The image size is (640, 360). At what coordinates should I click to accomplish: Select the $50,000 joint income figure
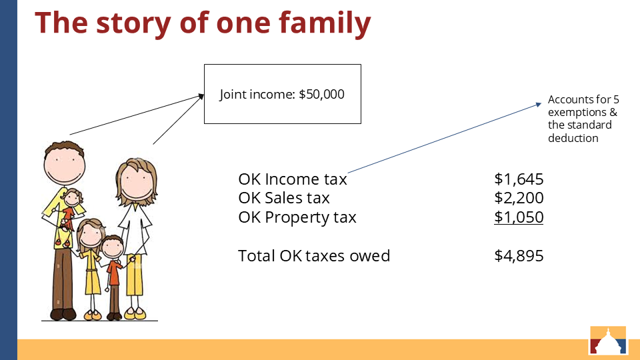click(321, 94)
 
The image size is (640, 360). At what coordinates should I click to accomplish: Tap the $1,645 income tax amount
click(519, 179)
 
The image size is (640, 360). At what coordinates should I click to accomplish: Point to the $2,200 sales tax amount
click(519, 198)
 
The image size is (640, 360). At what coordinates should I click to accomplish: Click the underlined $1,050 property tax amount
click(519, 217)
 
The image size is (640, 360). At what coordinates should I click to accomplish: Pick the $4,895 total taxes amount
click(519, 256)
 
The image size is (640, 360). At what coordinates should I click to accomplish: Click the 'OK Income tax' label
click(293, 179)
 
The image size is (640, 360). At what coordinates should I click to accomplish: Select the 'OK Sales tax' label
click(284, 198)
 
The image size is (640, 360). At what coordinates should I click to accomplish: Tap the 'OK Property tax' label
click(297, 217)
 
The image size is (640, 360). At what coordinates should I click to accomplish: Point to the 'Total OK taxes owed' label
click(314, 256)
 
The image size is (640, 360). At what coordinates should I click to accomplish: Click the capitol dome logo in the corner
click(608, 340)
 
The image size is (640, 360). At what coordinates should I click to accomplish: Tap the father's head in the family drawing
click(65, 163)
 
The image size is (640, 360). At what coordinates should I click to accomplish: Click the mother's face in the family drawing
click(137, 181)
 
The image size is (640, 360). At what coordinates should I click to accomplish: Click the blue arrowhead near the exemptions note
click(539, 105)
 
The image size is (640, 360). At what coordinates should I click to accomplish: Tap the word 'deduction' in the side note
click(573, 139)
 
